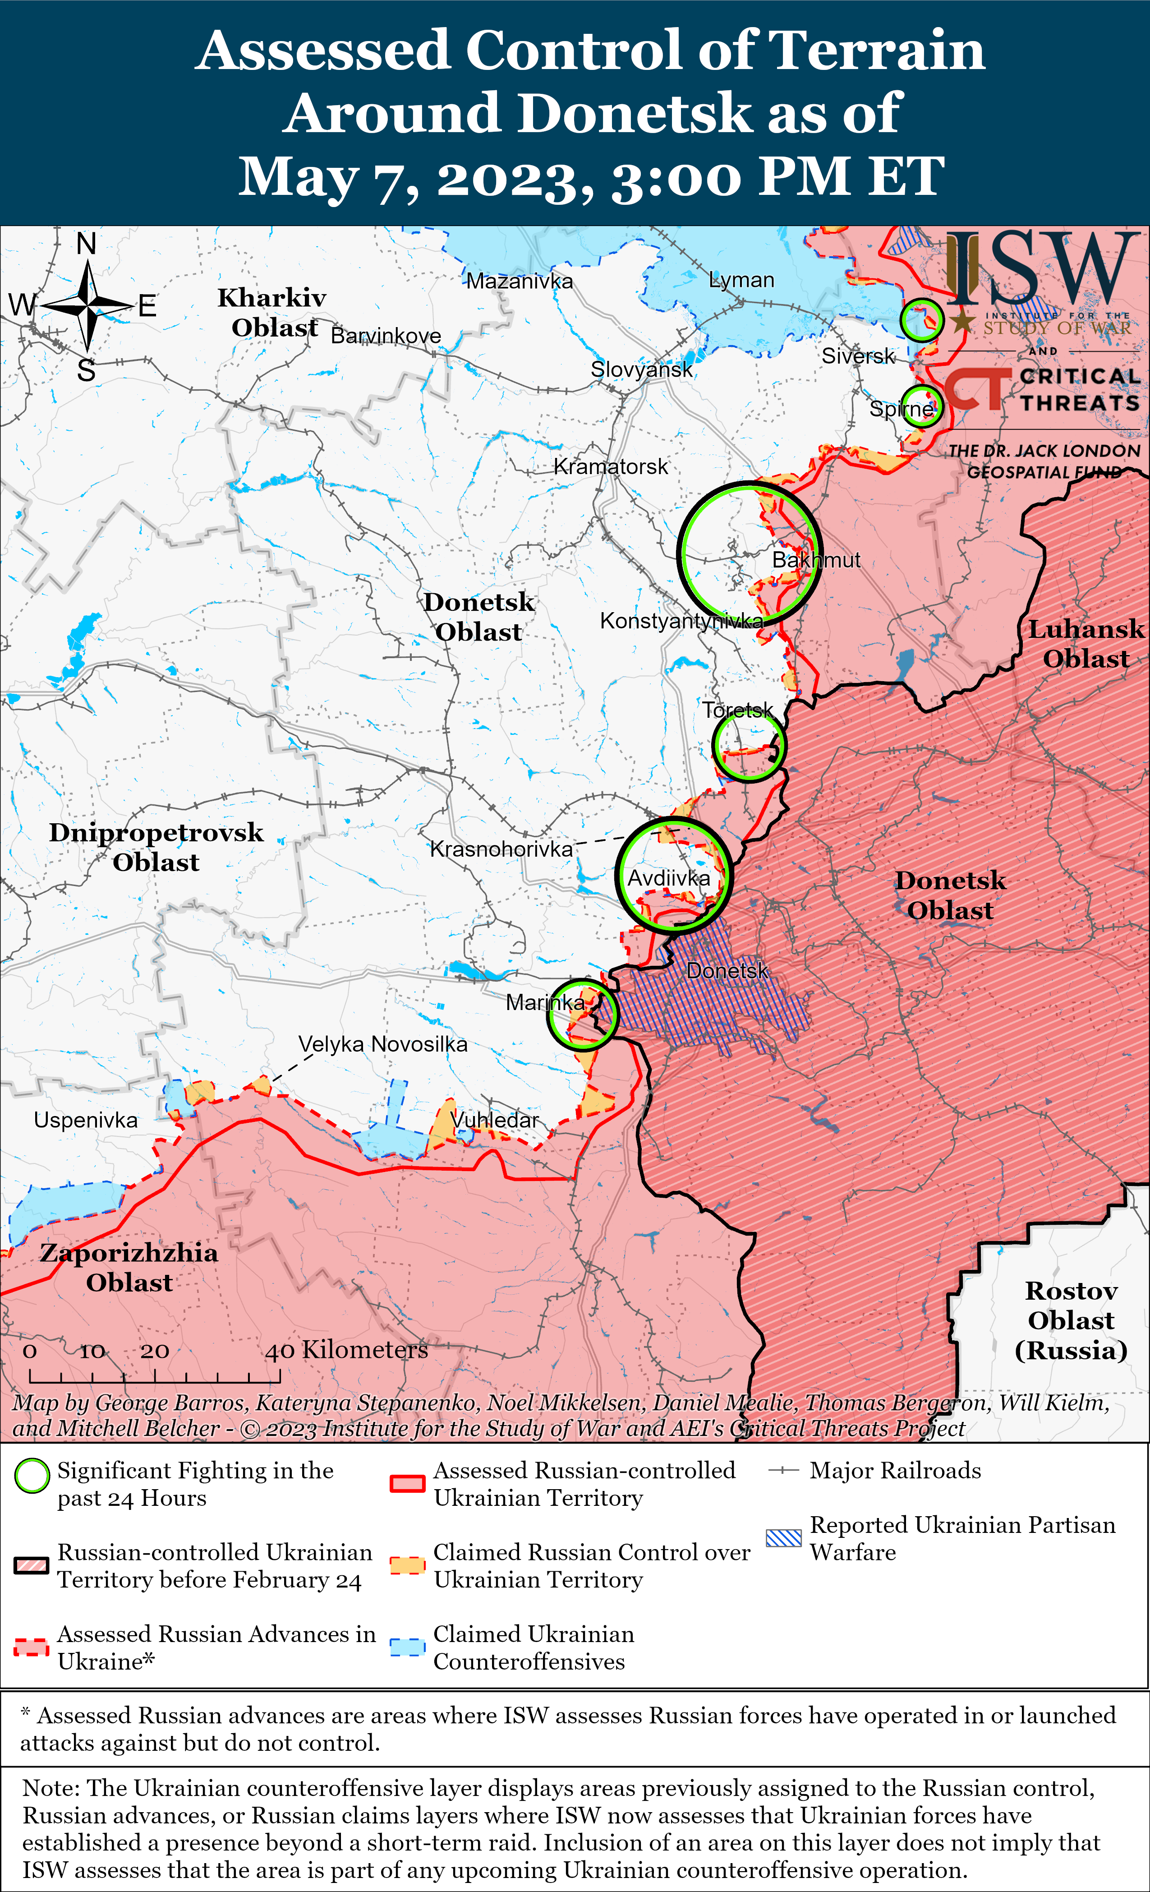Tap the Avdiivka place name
click(669, 878)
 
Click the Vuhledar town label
click(495, 1120)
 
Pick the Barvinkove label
click(386, 336)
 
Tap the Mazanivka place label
click(520, 281)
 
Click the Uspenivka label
click(85, 1120)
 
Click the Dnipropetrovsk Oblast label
click(156, 847)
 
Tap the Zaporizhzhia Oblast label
click(129, 1267)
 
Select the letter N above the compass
click(86, 244)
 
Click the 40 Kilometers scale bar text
click(346, 1350)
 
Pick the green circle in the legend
click(32, 1476)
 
